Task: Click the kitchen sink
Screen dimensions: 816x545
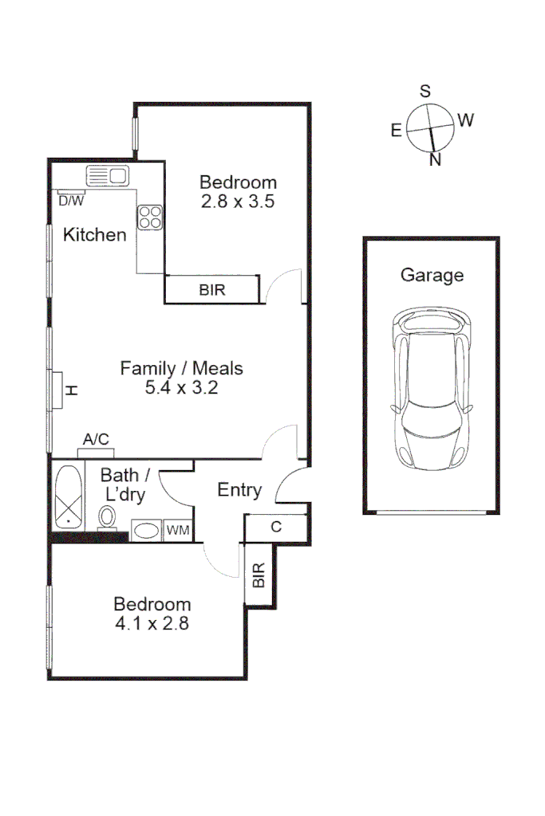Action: tap(108, 176)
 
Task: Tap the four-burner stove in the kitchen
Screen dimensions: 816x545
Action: tap(150, 217)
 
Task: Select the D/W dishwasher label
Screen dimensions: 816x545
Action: tap(71, 201)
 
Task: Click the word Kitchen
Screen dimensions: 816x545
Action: tap(95, 235)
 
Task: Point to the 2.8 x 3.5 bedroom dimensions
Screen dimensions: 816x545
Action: tap(238, 202)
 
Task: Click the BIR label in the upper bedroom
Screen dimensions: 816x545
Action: tap(212, 290)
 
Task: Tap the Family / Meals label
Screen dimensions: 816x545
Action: tap(181, 369)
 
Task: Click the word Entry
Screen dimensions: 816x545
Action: tap(239, 490)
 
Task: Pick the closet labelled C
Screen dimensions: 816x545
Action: tap(275, 527)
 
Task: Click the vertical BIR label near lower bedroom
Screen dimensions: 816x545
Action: tap(259, 576)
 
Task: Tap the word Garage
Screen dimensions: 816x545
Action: tap(432, 276)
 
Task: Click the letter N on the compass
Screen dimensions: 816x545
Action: tap(436, 160)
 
